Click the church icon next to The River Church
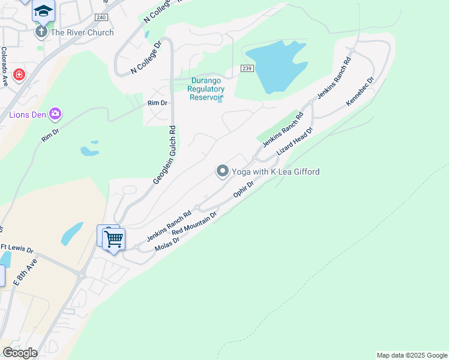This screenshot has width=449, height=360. (41, 31)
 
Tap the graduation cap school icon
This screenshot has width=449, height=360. (43, 11)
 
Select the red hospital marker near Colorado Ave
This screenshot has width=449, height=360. (19, 75)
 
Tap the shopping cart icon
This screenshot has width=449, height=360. (113, 239)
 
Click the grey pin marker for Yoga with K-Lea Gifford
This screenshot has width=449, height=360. (223, 172)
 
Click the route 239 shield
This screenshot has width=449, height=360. (248, 69)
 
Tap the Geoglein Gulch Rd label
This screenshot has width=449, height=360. (163, 155)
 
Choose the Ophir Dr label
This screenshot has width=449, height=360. (244, 191)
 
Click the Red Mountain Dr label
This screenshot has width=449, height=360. (193, 223)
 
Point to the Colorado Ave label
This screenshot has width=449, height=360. (4, 67)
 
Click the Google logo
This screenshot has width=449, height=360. (20, 353)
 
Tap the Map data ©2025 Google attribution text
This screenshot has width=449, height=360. (412, 355)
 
